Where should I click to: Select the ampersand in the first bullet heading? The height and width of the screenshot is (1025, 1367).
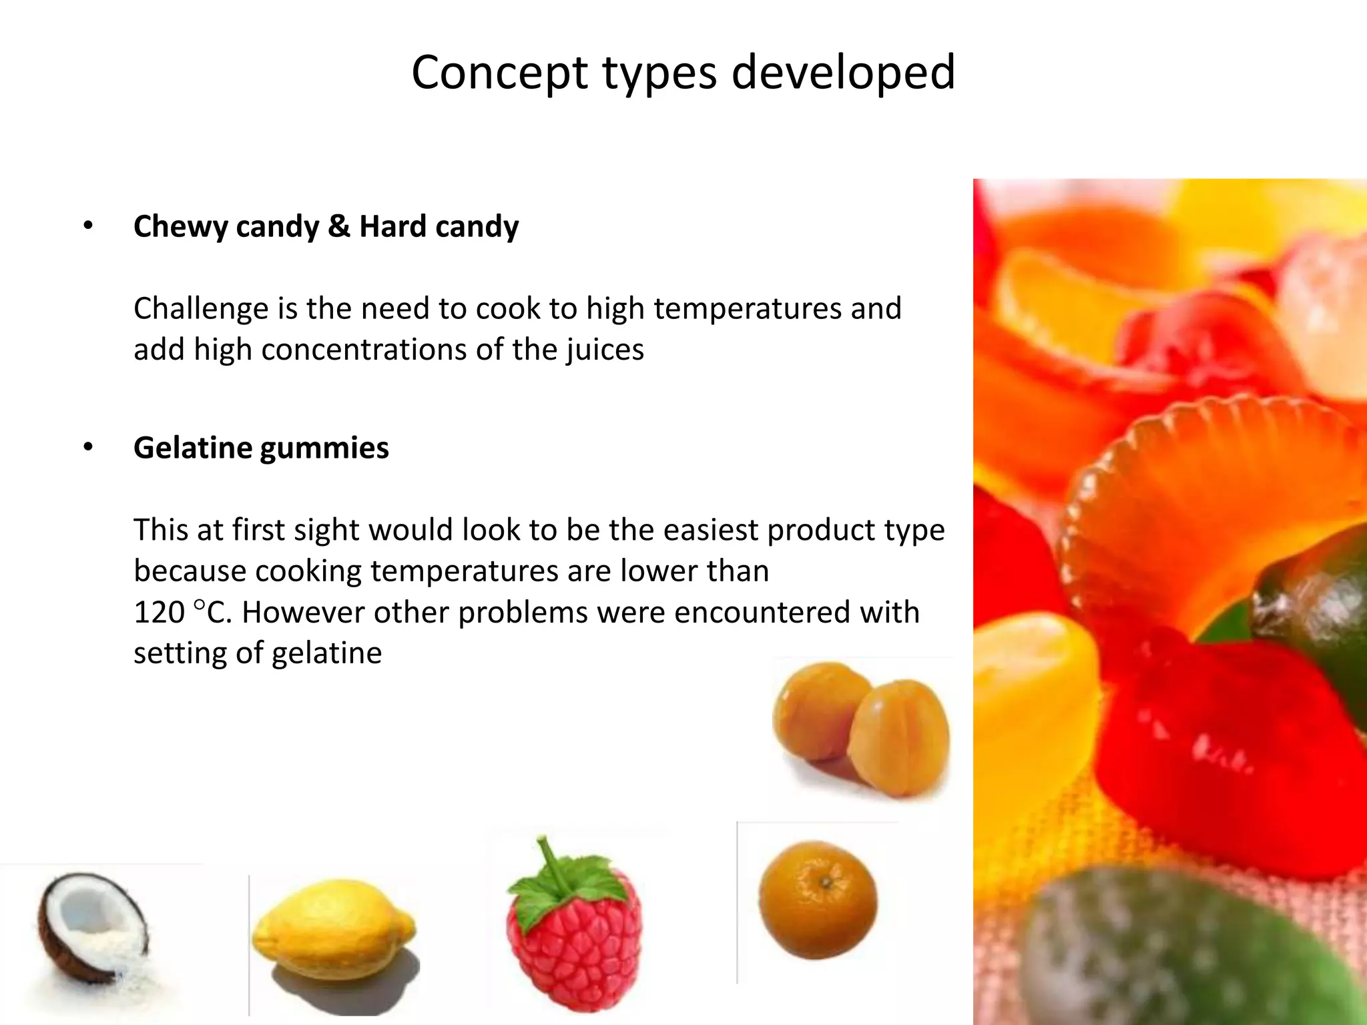338,226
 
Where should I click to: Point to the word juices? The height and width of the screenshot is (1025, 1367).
605,350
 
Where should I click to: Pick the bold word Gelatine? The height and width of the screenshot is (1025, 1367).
192,448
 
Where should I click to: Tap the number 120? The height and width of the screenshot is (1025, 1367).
160,613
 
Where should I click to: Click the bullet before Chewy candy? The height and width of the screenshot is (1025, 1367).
88,227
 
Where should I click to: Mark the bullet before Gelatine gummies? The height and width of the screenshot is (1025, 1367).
88,448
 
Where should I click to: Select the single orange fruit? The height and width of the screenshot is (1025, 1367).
818,900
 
